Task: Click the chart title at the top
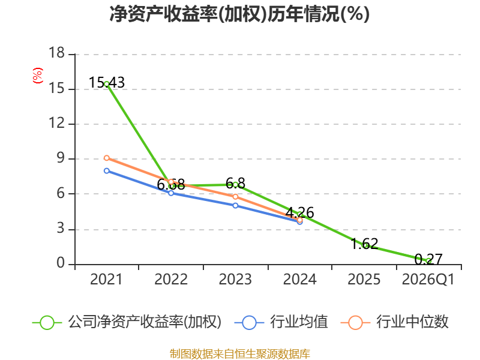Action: (x=239, y=14)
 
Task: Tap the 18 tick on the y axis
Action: (x=57, y=53)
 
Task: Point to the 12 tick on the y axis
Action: (x=57, y=123)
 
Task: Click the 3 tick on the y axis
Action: (x=61, y=229)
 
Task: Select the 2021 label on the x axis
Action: (x=106, y=279)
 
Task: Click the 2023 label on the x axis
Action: (x=235, y=279)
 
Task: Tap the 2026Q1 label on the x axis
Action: (x=428, y=279)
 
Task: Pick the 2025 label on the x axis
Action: (x=364, y=279)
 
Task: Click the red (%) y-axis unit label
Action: (x=38, y=76)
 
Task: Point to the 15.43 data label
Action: (x=107, y=83)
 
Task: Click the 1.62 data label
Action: (x=364, y=244)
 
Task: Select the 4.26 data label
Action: (x=299, y=212)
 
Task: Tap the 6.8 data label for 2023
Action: (x=235, y=184)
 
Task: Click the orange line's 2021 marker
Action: (x=107, y=158)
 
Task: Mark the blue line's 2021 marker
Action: (x=107, y=171)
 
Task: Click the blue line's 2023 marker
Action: (x=235, y=206)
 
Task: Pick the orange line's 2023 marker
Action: (x=235, y=197)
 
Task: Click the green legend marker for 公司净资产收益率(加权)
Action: (x=47, y=323)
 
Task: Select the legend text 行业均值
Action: (x=299, y=322)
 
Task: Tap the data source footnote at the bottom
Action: (x=240, y=354)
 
